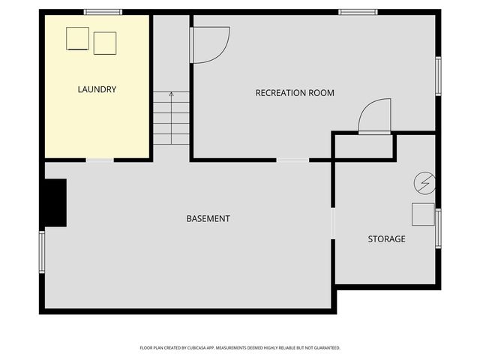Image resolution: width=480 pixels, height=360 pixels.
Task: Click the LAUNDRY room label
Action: (x=97, y=89)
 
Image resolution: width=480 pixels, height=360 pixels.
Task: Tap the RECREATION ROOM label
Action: (x=295, y=93)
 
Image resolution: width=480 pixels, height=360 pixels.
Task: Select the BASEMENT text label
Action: (x=208, y=218)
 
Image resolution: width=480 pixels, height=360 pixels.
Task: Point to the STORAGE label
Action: (x=386, y=238)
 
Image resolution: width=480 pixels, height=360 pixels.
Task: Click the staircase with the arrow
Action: (x=172, y=118)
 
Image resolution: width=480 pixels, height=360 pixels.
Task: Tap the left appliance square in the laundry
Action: (x=78, y=37)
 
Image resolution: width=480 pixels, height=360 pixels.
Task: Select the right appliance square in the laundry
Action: (x=105, y=43)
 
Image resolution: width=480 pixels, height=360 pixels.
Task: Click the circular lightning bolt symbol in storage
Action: (x=424, y=182)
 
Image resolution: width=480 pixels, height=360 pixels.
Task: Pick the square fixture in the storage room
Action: (x=422, y=214)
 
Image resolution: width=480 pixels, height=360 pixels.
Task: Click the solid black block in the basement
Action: (x=55, y=202)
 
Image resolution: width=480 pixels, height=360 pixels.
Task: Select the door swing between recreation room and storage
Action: (x=375, y=118)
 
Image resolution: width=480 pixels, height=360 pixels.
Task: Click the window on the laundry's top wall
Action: (x=103, y=12)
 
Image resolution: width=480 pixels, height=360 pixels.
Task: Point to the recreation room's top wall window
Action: (x=358, y=12)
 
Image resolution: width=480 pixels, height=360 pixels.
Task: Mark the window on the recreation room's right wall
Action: (x=438, y=76)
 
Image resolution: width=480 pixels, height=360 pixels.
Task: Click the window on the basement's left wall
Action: (x=42, y=252)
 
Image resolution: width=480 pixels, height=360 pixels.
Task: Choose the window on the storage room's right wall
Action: (x=438, y=228)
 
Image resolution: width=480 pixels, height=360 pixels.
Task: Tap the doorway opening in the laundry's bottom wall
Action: (x=100, y=160)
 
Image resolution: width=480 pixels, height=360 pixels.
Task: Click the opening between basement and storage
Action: (x=332, y=224)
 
